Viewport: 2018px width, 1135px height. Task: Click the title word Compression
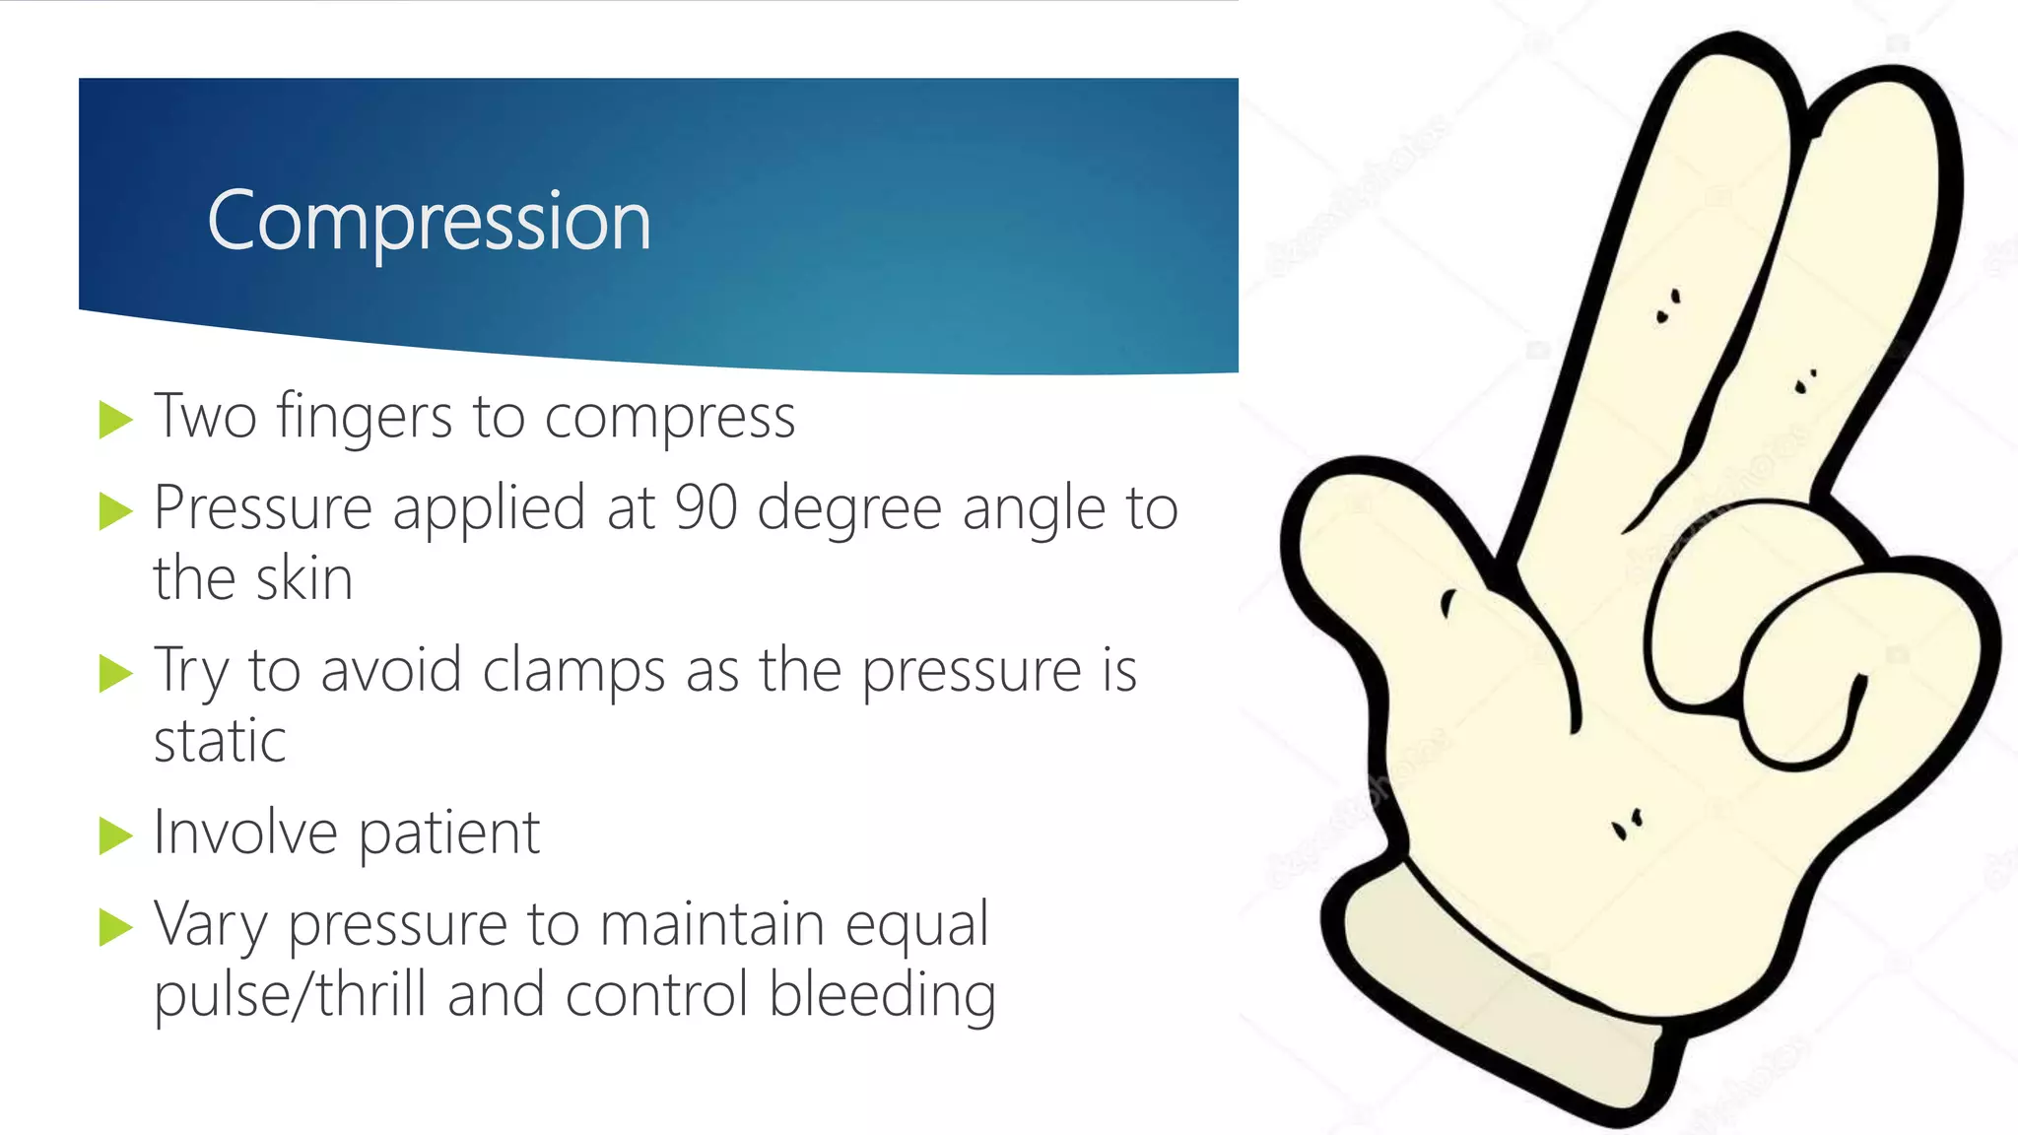(429, 222)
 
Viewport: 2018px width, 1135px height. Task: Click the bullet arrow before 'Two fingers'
(115, 420)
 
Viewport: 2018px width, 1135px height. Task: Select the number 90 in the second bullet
(706, 508)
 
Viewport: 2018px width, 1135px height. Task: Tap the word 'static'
(220, 741)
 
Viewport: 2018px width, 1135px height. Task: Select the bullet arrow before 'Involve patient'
(115, 836)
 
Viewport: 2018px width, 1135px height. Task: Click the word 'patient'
(448, 835)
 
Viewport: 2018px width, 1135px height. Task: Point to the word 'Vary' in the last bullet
(211, 927)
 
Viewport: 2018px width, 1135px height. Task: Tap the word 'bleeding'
(882, 995)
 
